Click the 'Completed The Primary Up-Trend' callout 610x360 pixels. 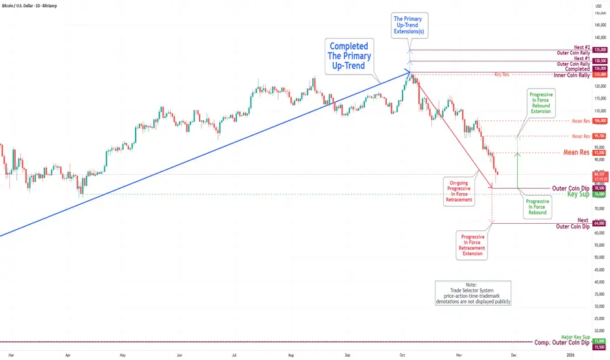(x=350, y=55)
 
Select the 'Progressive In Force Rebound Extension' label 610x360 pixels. (x=541, y=102)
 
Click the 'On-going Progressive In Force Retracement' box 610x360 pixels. (x=458, y=190)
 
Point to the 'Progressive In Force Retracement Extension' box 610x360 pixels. (x=473, y=245)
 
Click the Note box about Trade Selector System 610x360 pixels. (x=473, y=293)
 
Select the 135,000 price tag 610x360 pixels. (x=600, y=50)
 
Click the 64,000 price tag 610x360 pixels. (x=599, y=224)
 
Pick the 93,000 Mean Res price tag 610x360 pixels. (x=600, y=153)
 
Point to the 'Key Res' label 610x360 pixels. (x=503, y=75)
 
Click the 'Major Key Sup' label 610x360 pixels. (x=575, y=337)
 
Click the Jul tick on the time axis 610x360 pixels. (x=234, y=354)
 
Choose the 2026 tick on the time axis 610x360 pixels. (x=571, y=354)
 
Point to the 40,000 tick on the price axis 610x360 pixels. (x=598, y=281)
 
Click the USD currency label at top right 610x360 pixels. (x=597, y=6)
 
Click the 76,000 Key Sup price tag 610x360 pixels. (x=599, y=194)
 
